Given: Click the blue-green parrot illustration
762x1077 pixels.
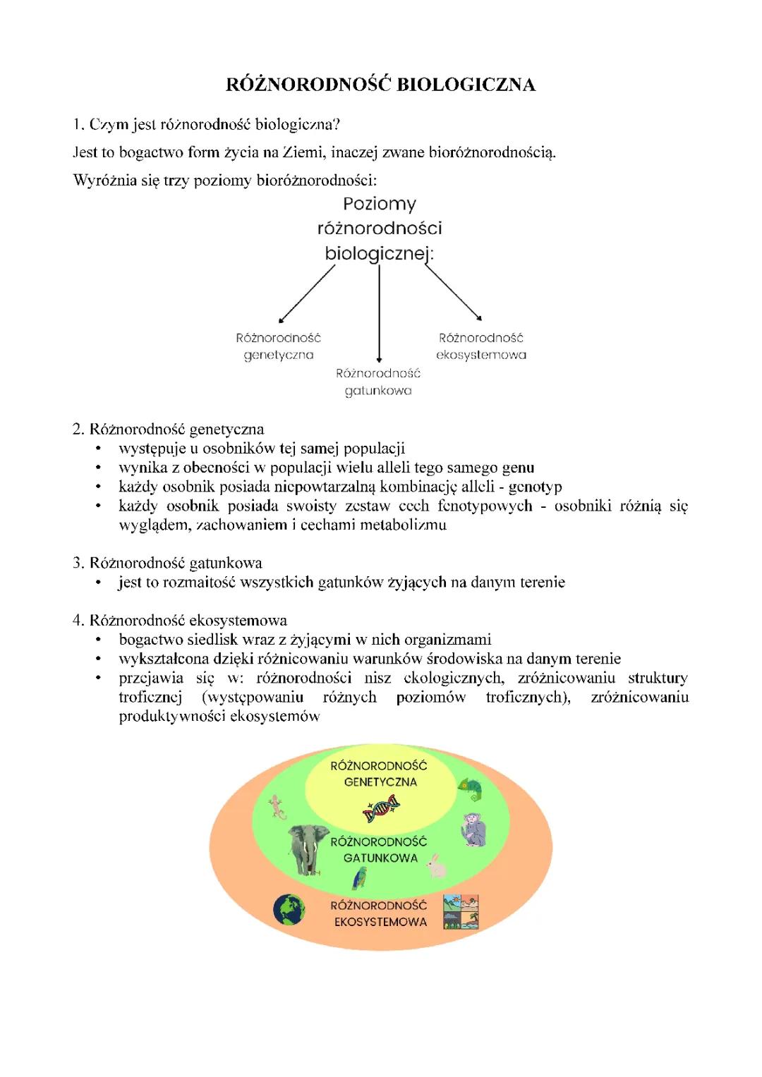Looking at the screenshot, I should (x=360, y=878).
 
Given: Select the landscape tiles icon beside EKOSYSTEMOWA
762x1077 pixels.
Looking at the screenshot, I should (x=461, y=911).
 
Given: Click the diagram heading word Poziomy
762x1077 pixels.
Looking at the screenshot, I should (x=380, y=204).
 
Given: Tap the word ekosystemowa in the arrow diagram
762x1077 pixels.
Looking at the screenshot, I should (x=481, y=355).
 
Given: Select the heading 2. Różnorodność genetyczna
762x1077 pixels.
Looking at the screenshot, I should (x=169, y=429).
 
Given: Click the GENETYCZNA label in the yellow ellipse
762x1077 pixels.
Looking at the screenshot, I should (x=380, y=782).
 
